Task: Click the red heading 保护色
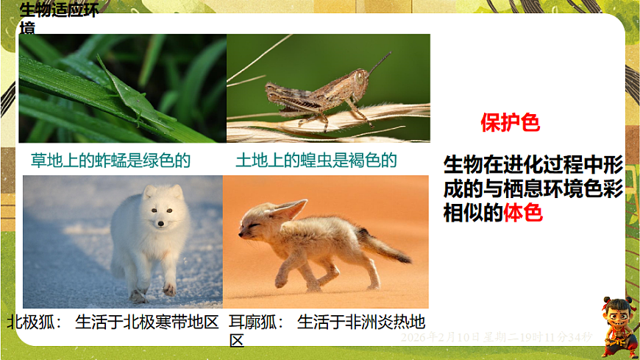pos(510,123)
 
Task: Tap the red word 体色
pos(523,214)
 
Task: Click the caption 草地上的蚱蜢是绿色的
pos(110,160)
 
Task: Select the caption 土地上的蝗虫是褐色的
pos(316,160)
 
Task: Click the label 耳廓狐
pos(249,322)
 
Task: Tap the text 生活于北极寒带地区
pos(147,322)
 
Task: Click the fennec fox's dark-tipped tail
pos(401,256)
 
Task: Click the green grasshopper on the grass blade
pos(132,96)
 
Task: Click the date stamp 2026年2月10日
pos(441,336)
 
